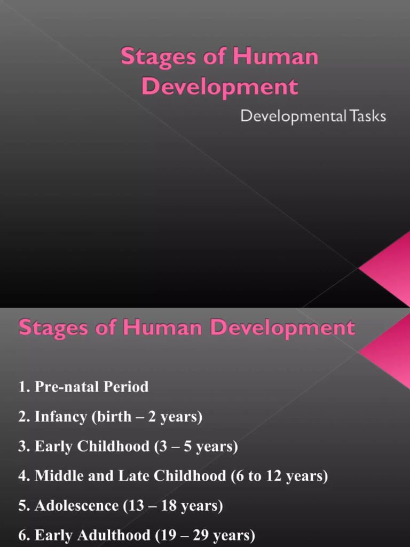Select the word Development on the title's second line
click(219, 87)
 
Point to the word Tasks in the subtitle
click(366, 116)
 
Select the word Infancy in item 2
click(60, 417)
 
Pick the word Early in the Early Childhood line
click(52, 446)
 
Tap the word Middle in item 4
click(57, 476)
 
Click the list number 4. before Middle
click(24, 476)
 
